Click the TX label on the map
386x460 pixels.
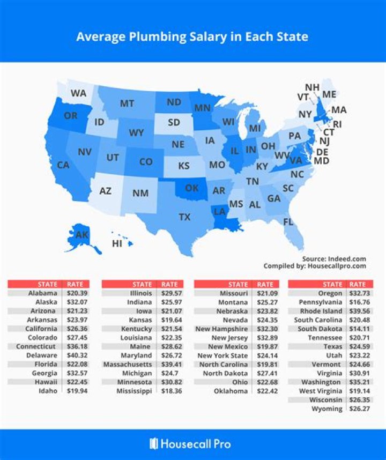coord(184,217)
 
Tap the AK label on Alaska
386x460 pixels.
coord(81,235)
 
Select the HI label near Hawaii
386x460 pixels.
coord(117,243)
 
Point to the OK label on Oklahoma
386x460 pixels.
coord(192,188)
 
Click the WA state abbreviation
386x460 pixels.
coord(78,93)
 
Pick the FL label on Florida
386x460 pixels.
coord(288,221)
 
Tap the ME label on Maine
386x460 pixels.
coord(329,94)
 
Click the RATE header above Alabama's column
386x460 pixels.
coord(73,284)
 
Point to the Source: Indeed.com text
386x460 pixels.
coord(334,258)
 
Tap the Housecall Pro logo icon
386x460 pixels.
coord(154,443)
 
